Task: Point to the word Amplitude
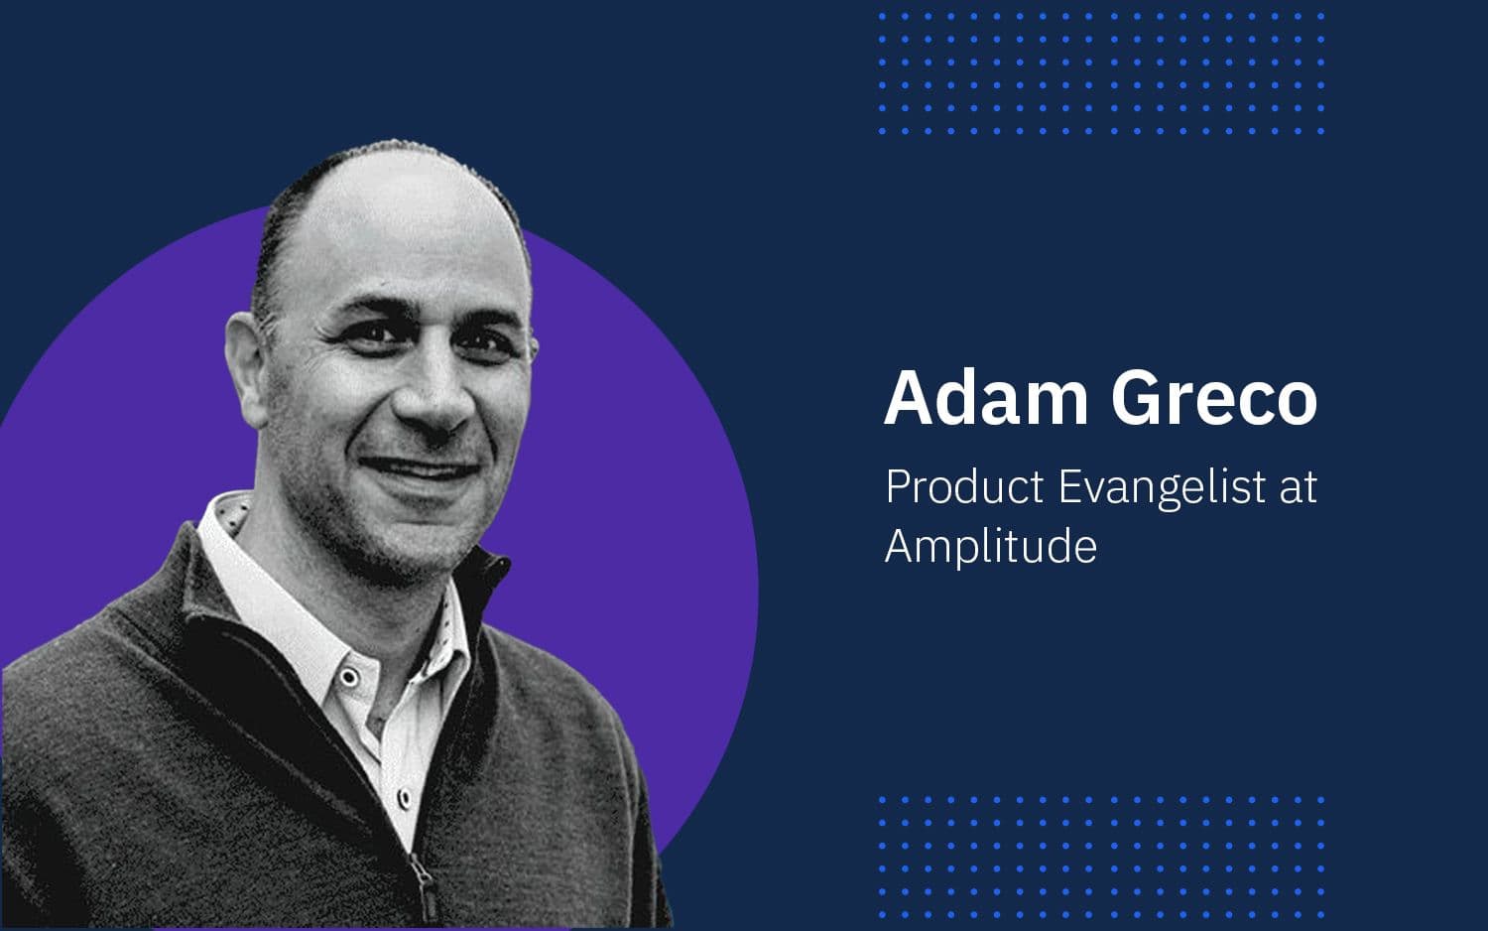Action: (x=990, y=546)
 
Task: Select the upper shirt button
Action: (x=349, y=678)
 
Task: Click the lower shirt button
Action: (x=405, y=797)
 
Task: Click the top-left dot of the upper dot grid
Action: (x=882, y=16)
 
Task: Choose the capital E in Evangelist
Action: (x=1069, y=487)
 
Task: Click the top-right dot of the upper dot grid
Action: (x=1320, y=16)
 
